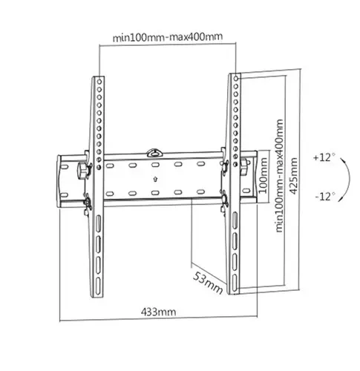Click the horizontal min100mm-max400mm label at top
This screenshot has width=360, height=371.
[x=167, y=35]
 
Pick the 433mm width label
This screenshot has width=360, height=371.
[x=158, y=312]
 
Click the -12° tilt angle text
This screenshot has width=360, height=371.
[x=325, y=197]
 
